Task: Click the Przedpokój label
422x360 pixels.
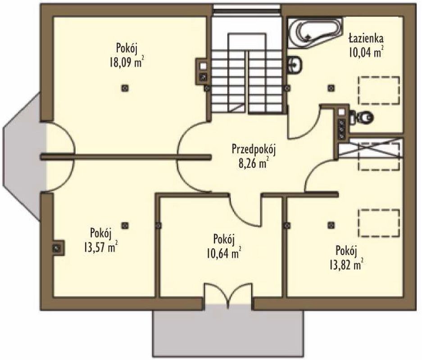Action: [x=254, y=150]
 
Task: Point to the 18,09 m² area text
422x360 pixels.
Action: [x=126, y=63]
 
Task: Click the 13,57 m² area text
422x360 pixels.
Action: [x=100, y=247]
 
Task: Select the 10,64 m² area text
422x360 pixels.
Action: [x=224, y=253]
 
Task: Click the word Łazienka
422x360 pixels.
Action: [x=366, y=38]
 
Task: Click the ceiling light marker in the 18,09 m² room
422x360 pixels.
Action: [x=124, y=88]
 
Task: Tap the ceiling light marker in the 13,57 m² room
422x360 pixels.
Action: [x=124, y=225]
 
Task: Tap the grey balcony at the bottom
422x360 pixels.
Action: [x=228, y=333]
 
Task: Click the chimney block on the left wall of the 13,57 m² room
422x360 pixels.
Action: [x=57, y=248]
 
